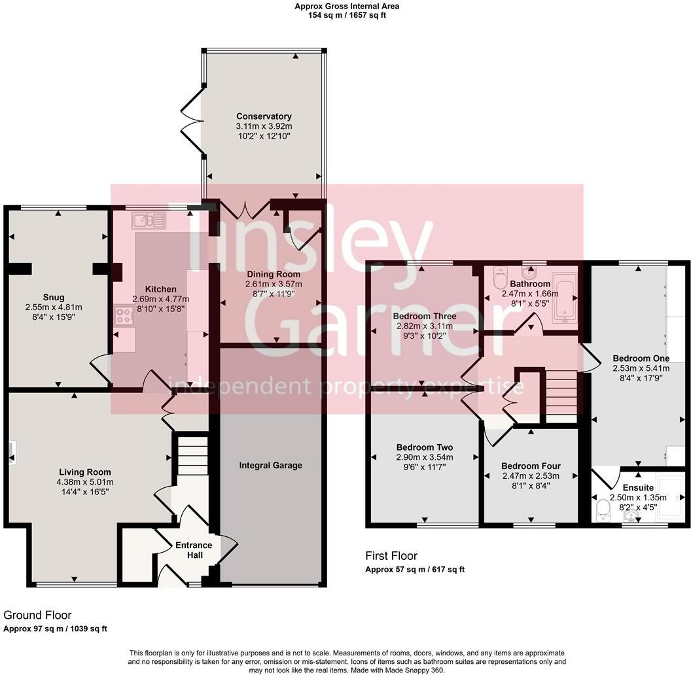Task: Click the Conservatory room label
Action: coord(264,116)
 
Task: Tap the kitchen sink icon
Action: coord(149,220)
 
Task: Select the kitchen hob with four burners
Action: coord(124,316)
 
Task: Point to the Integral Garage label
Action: coord(271,465)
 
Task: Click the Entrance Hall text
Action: coord(194,550)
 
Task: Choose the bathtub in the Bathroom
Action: coord(565,298)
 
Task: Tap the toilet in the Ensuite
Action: coord(601,511)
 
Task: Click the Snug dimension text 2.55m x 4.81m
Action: coord(54,307)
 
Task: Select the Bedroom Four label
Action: coord(531,466)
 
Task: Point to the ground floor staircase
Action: coord(193,455)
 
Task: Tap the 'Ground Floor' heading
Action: coord(37,615)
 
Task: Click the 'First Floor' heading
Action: coord(391,555)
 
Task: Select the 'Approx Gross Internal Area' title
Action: coord(347,6)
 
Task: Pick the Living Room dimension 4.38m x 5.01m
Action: coord(85,482)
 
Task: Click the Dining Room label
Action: coord(274,274)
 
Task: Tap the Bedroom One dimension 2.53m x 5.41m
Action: coord(641,368)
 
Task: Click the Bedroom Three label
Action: coord(425,316)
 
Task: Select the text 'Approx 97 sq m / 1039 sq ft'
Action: coord(55,629)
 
